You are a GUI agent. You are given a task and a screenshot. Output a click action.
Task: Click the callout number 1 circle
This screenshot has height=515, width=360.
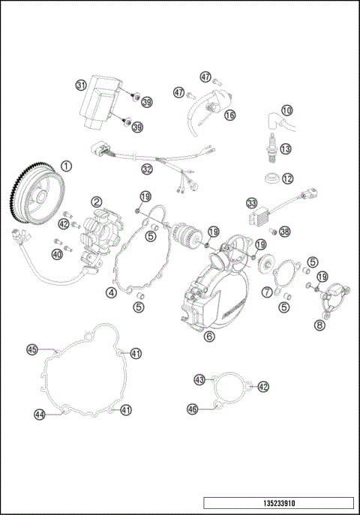tap(67, 166)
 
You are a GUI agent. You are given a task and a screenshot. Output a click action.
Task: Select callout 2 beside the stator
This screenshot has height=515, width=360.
tap(97, 202)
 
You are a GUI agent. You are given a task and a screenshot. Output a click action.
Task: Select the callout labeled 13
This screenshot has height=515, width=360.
tap(285, 149)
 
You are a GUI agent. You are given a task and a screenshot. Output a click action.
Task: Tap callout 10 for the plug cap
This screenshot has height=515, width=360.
tap(286, 110)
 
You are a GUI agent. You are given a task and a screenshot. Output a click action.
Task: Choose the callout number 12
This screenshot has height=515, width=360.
tap(287, 179)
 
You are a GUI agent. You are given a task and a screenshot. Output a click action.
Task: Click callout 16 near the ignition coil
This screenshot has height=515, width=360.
tap(229, 115)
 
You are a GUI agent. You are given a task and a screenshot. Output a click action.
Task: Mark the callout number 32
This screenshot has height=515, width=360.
tap(147, 170)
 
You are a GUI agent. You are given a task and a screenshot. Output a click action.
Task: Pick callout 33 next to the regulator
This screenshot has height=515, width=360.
tap(252, 203)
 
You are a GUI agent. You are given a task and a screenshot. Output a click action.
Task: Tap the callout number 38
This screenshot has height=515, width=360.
tap(284, 232)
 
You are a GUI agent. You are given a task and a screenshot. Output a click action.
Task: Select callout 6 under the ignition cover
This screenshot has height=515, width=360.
tap(209, 337)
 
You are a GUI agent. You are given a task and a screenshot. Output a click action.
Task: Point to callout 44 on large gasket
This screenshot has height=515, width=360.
tap(39, 413)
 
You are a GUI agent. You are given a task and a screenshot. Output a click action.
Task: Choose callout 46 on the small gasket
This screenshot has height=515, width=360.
tap(193, 409)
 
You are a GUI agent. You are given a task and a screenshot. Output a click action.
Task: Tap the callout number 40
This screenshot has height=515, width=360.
tap(56, 255)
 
